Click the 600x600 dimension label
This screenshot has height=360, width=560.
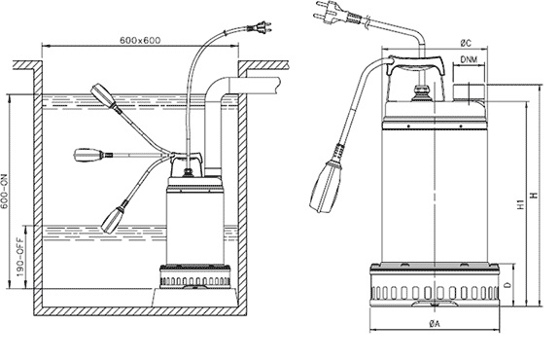point(140,40)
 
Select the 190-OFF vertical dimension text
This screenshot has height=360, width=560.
point(20,258)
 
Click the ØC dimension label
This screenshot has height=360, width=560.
point(466,43)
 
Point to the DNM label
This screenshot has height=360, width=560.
point(469,59)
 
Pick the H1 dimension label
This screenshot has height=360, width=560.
point(521,204)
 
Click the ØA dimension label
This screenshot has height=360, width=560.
point(435,324)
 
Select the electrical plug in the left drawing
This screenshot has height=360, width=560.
point(260,27)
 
